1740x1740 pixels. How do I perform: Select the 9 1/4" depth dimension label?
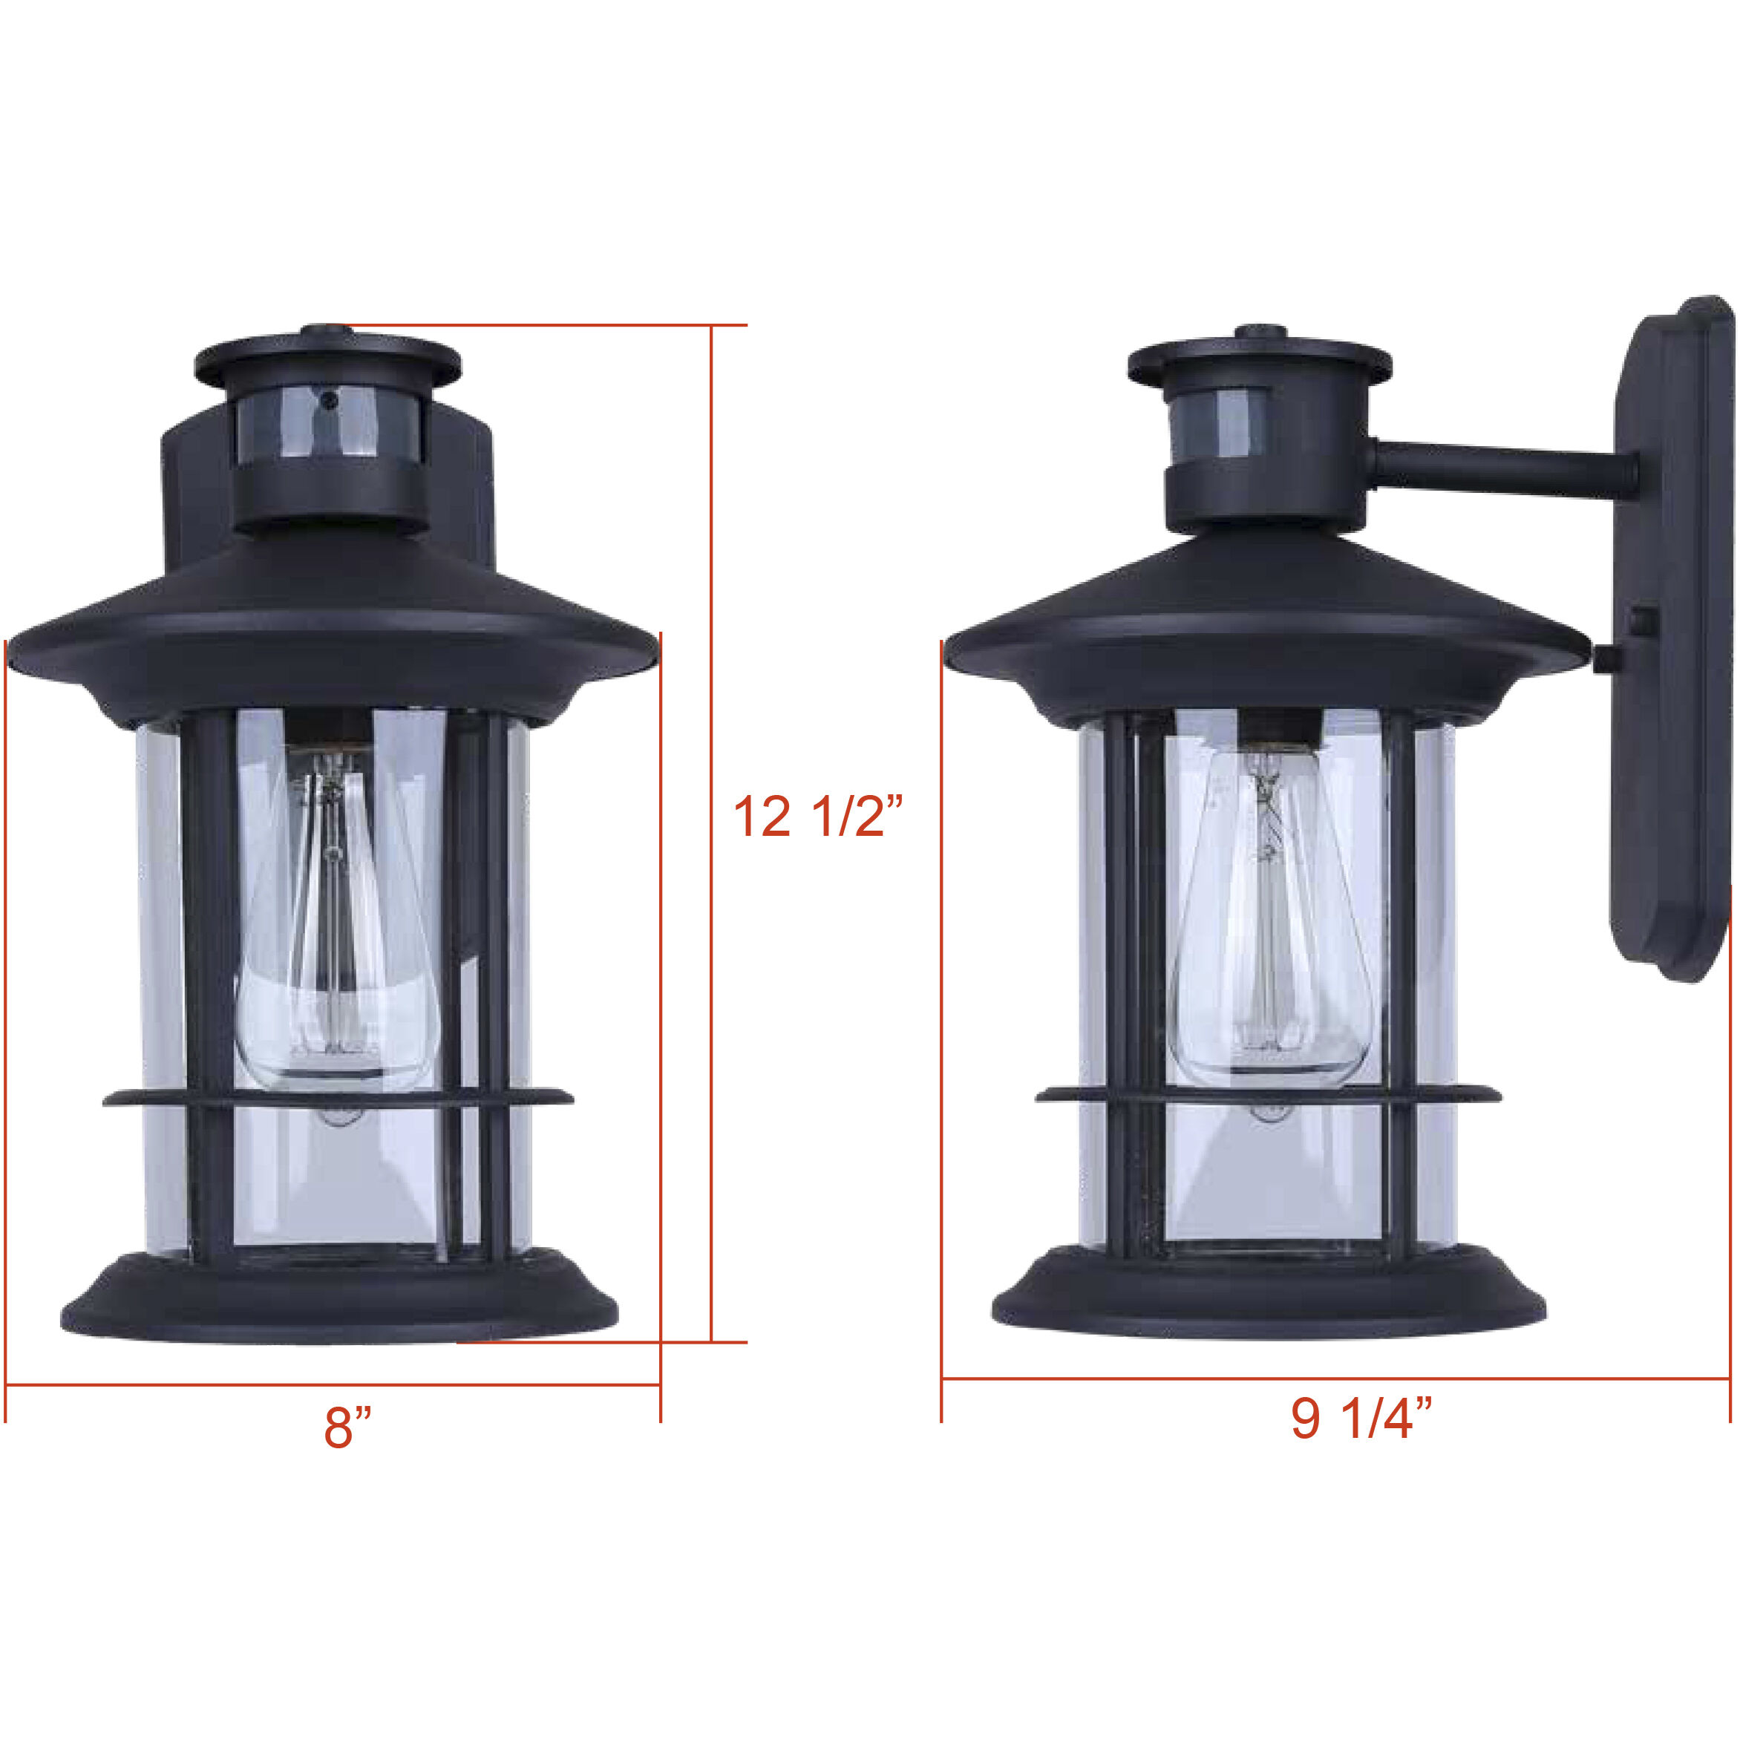click(x=1361, y=1419)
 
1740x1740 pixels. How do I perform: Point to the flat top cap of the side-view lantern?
click(x=1259, y=360)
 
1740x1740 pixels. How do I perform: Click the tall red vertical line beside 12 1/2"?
click(x=711, y=991)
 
